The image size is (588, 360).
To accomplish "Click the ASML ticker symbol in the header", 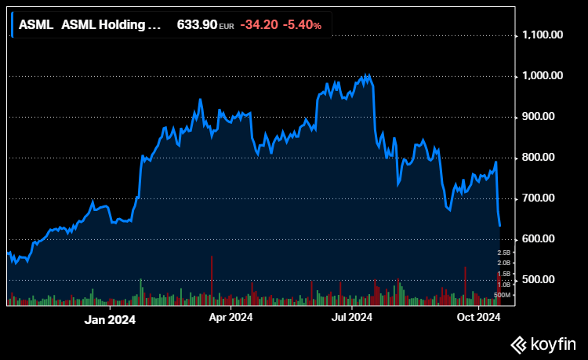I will [x=35, y=25].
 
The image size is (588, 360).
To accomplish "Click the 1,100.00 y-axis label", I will [x=543, y=35].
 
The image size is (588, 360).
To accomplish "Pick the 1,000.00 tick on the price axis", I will [x=543, y=76].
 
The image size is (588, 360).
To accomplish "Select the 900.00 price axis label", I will [x=547, y=117].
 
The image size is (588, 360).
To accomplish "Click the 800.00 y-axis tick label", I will [x=547, y=158].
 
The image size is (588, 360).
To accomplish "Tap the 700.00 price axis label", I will [x=547, y=198].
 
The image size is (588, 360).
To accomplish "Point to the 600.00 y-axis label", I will [x=547, y=239].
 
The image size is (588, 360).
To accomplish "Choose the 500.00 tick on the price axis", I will [x=547, y=280].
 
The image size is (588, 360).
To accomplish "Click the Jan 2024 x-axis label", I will [x=110, y=319].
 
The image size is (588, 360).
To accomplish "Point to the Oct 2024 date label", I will [x=478, y=318].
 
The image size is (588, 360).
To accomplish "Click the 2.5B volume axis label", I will [x=504, y=253].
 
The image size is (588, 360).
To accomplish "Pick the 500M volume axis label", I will [x=503, y=295].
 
